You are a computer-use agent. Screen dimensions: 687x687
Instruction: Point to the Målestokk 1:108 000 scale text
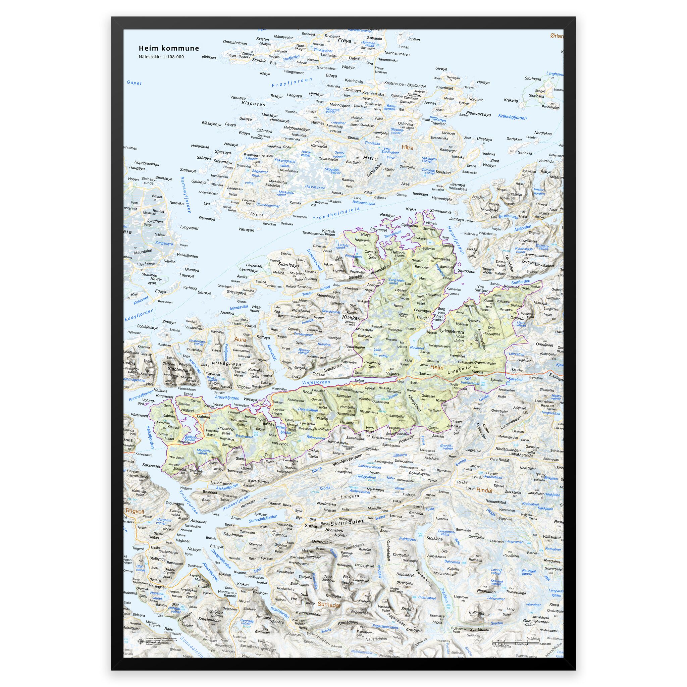coord(161,57)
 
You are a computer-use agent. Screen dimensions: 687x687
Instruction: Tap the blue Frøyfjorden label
coord(292,83)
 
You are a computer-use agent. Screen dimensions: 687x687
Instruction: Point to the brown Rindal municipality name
coord(484,490)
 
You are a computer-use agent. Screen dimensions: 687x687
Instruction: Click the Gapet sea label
coord(134,83)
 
